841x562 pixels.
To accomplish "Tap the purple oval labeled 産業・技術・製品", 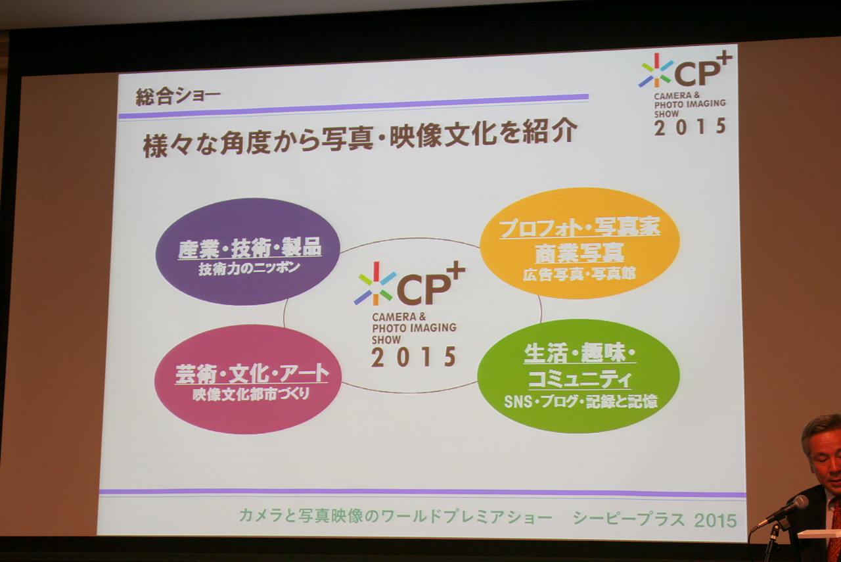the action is [x=248, y=251].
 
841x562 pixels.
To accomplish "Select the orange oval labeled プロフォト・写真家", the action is [x=580, y=243].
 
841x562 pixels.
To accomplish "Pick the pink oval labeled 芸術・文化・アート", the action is [x=248, y=379].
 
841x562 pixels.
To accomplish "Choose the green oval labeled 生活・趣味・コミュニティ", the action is [x=579, y=376].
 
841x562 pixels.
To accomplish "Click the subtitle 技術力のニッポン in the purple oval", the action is [x=249, y=268].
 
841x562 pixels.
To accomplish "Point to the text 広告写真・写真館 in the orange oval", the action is [x=579, y=274].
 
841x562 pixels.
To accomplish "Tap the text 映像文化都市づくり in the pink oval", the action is [x=251, y=394].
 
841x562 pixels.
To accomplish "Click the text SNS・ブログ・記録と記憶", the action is [x=580, y=402].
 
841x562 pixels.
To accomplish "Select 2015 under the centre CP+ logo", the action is [x=413, y=358].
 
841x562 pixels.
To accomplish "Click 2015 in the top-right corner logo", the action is [x=690, y=126].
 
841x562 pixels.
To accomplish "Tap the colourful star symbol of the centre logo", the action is [x=375, y=284].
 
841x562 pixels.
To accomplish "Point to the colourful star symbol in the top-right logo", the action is [x=656, y=70].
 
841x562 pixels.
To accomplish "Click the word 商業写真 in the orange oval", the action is [x=580, y=253].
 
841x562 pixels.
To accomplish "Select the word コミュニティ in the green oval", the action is [x=580, y=379].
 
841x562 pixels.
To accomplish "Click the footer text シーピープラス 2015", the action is [x=655, y=519].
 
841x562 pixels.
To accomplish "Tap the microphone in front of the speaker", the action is [x=781, y=511].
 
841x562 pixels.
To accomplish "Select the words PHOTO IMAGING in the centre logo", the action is [x=414, y=328].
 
